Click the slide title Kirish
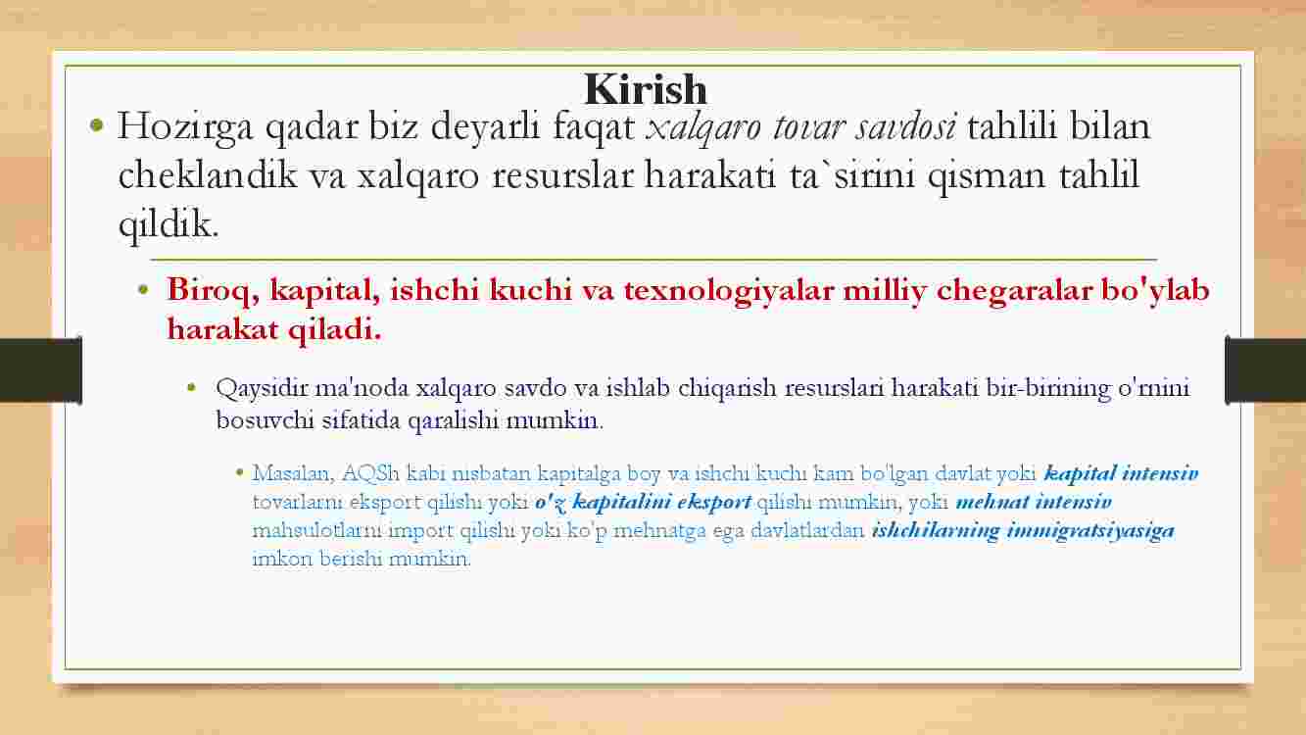(646, 89)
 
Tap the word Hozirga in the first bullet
(185, 127)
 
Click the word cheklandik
(208, 174)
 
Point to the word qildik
(169, 225)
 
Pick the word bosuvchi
(266, 420)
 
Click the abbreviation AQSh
(370, 473)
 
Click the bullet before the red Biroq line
(144, 289)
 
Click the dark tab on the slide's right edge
(1265, 370)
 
